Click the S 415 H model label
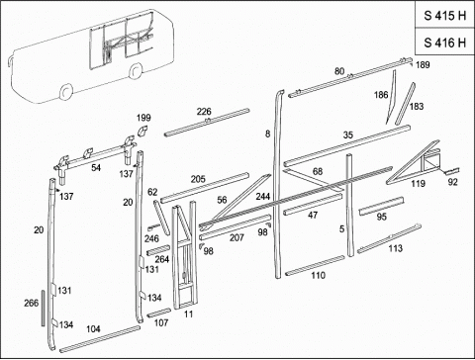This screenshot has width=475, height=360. [x=444, y=16]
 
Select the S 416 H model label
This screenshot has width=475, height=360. [x=444, y=43]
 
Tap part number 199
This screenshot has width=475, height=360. [x=143, y=118]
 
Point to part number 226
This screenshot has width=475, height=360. [x=204, y=112]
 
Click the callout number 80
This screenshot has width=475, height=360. [x=339, y=71]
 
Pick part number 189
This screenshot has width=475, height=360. [x=423, y=64]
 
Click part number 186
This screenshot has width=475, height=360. [x=381, y=95]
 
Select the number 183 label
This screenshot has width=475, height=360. [x=417, y=106]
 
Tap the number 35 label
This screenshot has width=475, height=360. [x=348, y=135]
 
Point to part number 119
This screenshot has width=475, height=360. [x=418, y=183]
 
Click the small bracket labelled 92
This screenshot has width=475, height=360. [x=450, y=171]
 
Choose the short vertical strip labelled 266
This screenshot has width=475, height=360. [x=44, y=309]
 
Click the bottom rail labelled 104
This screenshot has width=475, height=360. [x=100, y=339]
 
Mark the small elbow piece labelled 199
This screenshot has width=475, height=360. [x=142, y=131]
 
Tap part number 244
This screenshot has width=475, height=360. [x=263, y=197]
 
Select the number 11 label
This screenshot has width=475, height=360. [x=188, y=314]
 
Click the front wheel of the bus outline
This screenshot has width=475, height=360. [x=66, y=91]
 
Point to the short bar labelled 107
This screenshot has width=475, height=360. [x=158, y=313]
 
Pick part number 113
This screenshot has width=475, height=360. [x=396, y=248]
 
